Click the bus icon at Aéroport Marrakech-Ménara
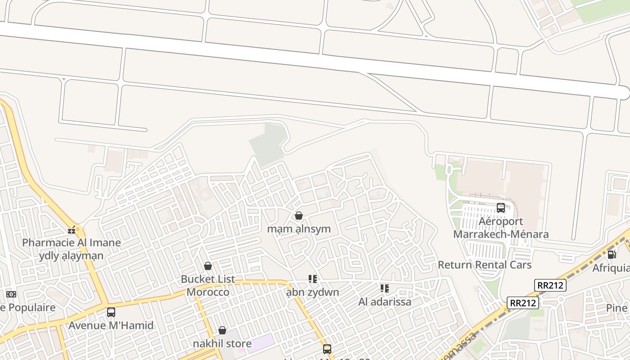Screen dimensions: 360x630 pyautogui.click(x=500, y=208)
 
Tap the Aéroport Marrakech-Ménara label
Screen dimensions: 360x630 pyautogui.click(x=501, y=228)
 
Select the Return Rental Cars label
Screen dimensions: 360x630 pyautogui.click(x=485, y=265)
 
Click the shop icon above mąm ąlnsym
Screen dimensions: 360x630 pyautogui.click(x=298, y=216)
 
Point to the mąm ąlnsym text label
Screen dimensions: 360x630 pyautogui.click(x=299, y=229)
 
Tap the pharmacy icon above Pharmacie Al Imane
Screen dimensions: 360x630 pyautogui.click(x=72, y=230)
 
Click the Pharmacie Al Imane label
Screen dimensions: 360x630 pyautogui.click(x=72, y=243)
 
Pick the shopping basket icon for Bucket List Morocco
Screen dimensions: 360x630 pyautogui.click(x=208, y=266)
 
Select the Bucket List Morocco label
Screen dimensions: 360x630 pyautogui.click(x=208, y=285)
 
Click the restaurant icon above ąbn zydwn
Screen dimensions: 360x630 pyautogui.click(x=313, y=279)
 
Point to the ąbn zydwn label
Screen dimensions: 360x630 pyautogui.click(x=313, y=292)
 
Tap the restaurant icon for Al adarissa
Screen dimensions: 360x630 pyautogui.click(x=384, y=288)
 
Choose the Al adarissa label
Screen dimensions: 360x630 pyautogui.click(x=385, y=301)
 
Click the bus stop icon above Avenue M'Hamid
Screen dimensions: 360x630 pyautogui.click(x=111, y=312)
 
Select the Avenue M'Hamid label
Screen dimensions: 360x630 pyautogui.click(x=111, y=325)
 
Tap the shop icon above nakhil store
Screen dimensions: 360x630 pyautogui.click(x=222, y=330)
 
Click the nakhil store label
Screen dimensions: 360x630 pyautogui.click(x=222, y=343)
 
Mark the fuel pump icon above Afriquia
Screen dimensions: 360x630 pyautogui.click(x=612, y=254)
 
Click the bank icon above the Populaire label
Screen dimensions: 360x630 pyautogui.click(x=11, y=294)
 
